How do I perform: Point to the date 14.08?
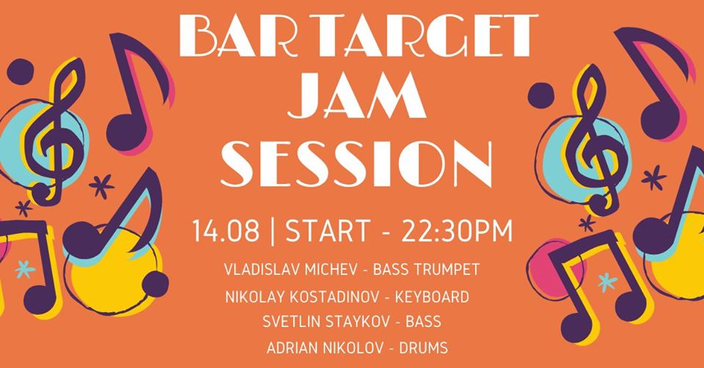tap(226, 231)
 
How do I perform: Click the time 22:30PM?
tap(457, 231)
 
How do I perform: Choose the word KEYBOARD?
tap(432, 297)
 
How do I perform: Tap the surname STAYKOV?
tap(356, 322)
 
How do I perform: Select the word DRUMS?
tap(423, 347)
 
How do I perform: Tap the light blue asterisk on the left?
tap(25, 269)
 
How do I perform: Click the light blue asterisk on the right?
tap(607, 282)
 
